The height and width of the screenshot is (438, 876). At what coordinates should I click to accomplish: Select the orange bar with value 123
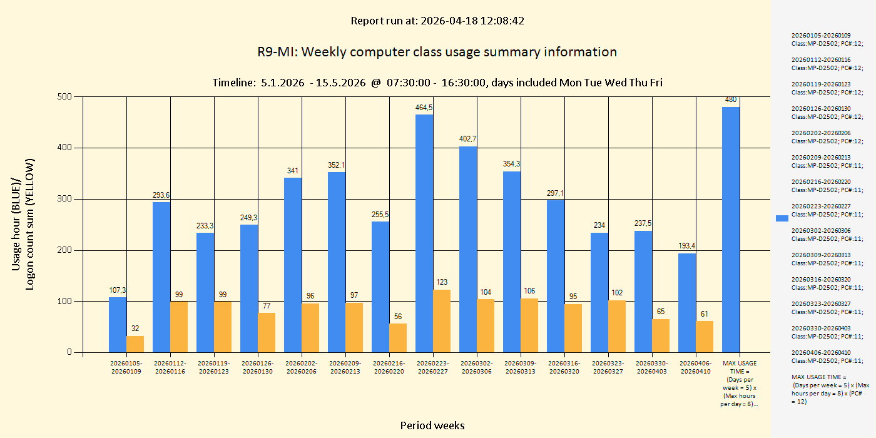coord(442,321)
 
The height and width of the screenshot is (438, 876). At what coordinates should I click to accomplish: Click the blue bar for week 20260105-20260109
coord(118,325)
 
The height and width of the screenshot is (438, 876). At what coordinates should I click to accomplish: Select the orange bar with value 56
coord(398,338)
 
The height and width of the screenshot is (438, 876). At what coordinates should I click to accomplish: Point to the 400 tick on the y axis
coord(66,148)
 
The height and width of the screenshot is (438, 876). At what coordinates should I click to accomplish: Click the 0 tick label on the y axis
coord(69,352)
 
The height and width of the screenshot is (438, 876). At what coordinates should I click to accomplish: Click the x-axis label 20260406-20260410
coord(696,367)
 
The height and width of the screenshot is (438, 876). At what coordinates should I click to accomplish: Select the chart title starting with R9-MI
coord(437,52)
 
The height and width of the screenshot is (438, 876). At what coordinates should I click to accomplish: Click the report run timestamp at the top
coord(437,21)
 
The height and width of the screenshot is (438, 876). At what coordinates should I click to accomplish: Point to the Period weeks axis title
coord(432,425)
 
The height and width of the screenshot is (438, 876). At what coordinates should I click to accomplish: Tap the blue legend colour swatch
coord(782,218)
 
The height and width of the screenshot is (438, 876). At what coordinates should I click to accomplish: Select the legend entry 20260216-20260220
coord(827,185)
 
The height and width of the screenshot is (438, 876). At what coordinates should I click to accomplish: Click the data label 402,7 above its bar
coord(468,139)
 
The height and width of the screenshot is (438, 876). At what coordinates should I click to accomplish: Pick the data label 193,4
coord(687,246)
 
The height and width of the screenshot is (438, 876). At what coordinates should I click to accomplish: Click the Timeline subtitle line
coord(437,83)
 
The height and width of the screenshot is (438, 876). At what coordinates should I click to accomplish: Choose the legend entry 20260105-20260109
coord(827,39)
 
